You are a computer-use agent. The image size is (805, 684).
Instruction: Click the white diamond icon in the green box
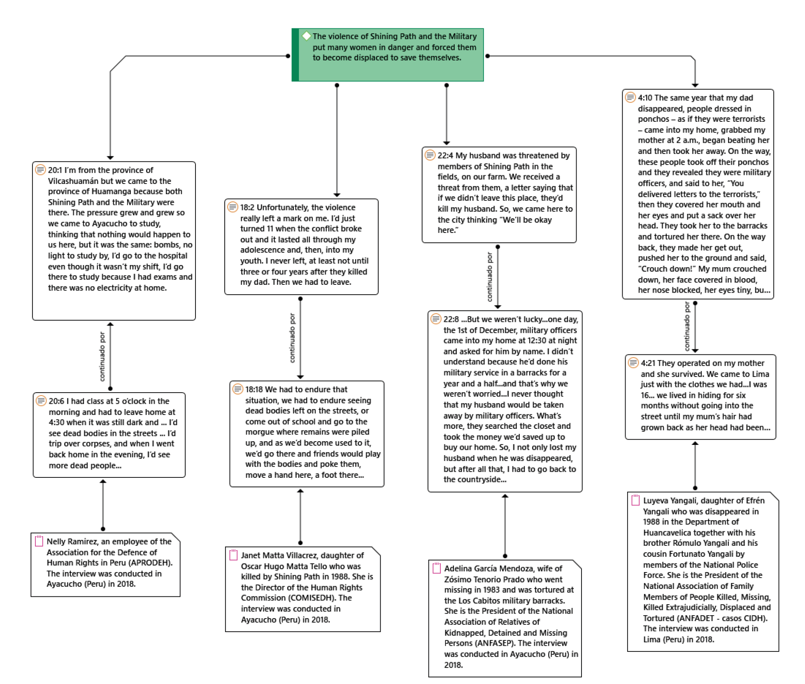tap(306, 36)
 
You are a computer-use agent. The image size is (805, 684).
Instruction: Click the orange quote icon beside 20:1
tap(40, 170)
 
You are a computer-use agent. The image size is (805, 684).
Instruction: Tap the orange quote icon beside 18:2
tap(233, 207)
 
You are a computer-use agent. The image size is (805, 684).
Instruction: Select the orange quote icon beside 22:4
tap(430, 155)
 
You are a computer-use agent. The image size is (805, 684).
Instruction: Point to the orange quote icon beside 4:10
tap(631, 98)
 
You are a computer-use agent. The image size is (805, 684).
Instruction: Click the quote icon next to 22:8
tap(436, 319)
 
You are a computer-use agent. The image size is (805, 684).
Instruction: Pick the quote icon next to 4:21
tap(633, 363)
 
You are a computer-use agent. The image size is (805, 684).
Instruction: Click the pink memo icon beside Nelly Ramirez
tap(39, 541)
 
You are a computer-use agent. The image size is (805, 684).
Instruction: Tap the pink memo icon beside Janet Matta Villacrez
tap(233, 555)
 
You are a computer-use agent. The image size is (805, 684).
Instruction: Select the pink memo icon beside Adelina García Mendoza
tap(437, 568)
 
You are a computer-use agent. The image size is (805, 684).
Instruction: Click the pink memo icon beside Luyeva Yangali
tap(635, 500)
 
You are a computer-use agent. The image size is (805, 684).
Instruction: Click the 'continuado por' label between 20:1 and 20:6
tap(102, 356)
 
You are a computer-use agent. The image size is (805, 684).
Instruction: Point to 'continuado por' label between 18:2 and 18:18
tap(292, 338)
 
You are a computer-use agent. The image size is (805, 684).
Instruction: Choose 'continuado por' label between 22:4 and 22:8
tap(490, 277)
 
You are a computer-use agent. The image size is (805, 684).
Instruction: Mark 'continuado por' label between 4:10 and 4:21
tap(687, 326)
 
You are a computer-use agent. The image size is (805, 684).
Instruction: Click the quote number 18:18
tap(254, 389)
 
